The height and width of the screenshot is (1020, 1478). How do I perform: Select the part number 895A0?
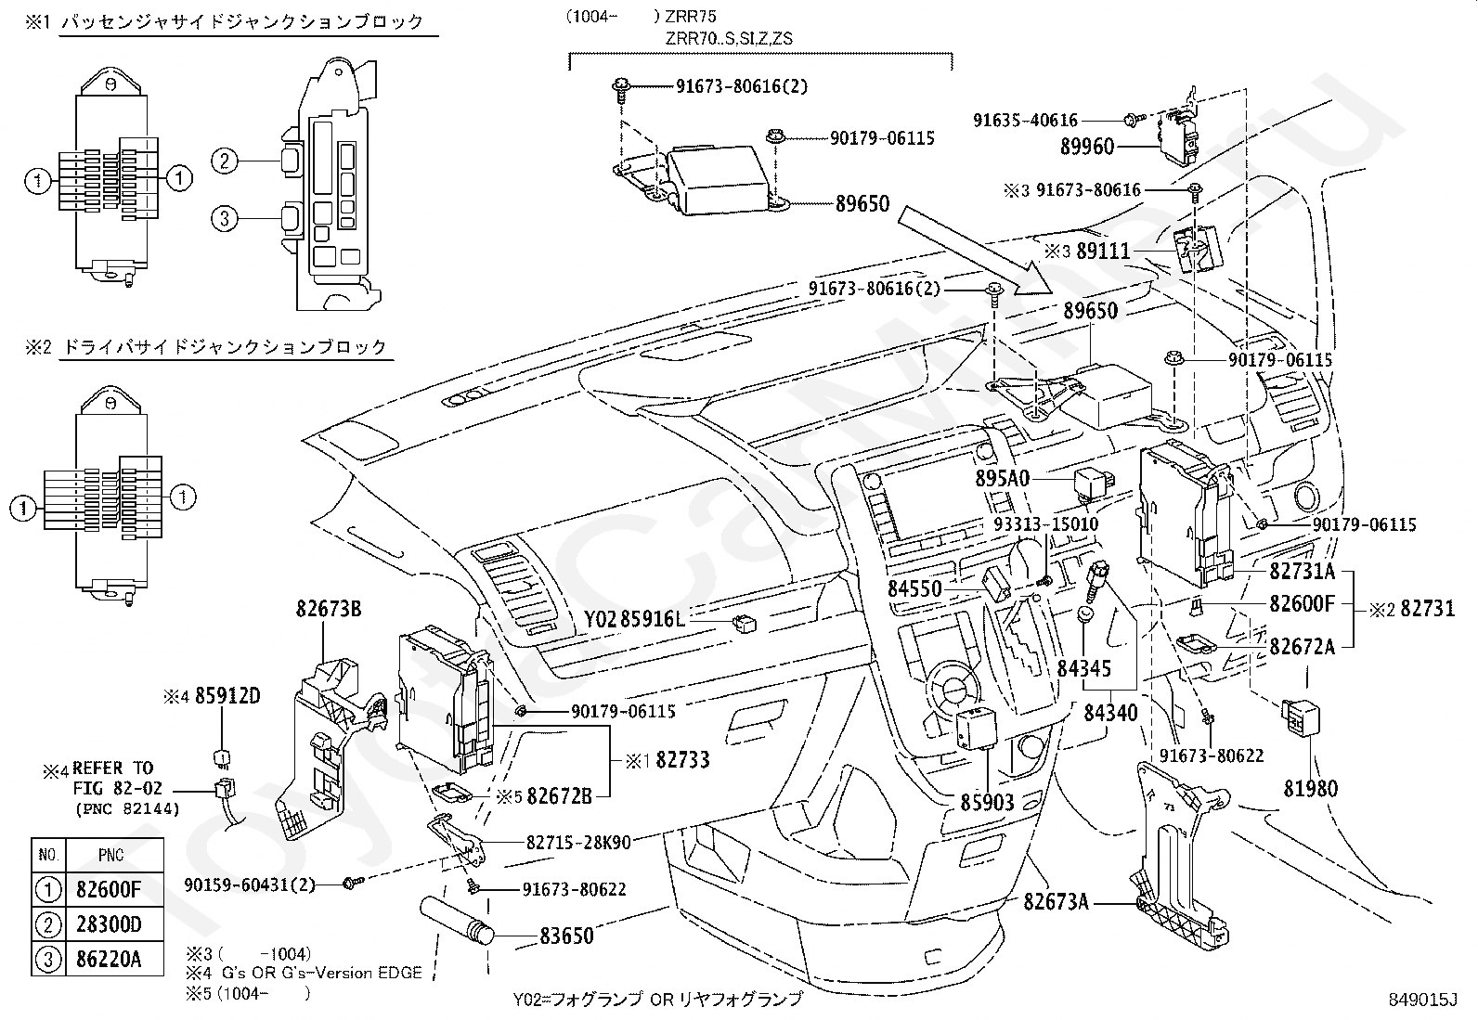coord(1003,478)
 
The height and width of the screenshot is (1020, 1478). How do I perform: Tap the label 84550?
coord(914,588)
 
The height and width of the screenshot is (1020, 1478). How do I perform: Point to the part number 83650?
coord(566,936)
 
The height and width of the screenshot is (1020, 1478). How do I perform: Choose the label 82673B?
coord(329,609)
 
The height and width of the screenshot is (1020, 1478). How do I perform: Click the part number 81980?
coord(1311,789)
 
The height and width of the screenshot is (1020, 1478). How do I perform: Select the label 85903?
coord(987,802)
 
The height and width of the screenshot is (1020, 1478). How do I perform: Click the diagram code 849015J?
coord(1423,1001)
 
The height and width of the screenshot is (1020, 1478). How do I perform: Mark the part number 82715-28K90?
coord(578,843)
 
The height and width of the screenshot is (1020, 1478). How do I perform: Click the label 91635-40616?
coord(1025,120)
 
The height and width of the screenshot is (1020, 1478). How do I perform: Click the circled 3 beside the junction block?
coord(224,219)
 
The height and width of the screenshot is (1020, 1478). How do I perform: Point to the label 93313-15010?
coord(1045,524)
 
